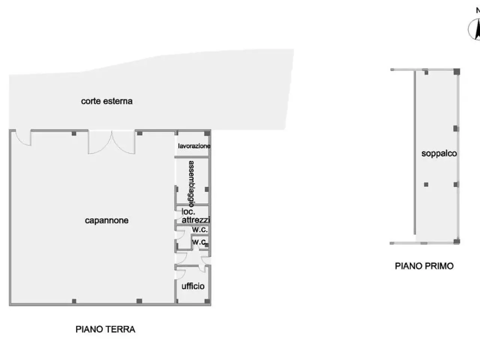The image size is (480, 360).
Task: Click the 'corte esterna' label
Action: (107, 101)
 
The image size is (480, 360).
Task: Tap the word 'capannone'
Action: (107, 220)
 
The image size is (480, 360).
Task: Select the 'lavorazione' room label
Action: (194, 146)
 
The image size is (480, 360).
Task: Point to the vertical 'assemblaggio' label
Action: (191, 184)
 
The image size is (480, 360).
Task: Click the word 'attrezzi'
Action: (196, 220)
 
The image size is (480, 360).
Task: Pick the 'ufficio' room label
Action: (193, 286)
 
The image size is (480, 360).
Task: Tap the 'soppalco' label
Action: (439, 153)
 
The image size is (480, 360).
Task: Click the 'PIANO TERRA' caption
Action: (105, 329)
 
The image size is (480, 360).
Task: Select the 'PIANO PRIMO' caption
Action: (424, 266)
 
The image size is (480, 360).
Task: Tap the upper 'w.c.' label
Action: (199, 229)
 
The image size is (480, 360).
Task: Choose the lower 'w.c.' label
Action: (199, 242)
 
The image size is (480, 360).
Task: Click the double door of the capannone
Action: (111, 142)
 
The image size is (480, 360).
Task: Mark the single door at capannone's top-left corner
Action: (23, 138)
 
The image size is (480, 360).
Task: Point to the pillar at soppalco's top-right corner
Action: (457, 72)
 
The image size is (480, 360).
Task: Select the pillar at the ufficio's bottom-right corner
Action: (207, 301)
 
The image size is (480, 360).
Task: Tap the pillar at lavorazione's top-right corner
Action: (207, 133)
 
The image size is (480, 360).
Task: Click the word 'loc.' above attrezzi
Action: (188, 211)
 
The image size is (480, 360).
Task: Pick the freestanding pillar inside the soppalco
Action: (426, 185)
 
